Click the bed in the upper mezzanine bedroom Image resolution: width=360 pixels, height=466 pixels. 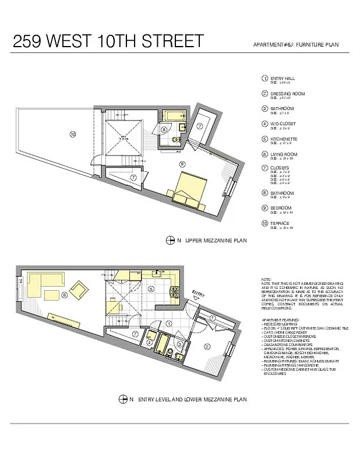point(190,188)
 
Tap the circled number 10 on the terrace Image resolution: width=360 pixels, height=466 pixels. point(72,133)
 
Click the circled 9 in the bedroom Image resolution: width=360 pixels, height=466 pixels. point(182,164)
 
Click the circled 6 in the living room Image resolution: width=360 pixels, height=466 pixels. point(64,295)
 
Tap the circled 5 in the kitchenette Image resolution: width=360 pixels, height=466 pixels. point(150,288)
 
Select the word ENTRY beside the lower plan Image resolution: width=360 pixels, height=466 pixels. point(198,294)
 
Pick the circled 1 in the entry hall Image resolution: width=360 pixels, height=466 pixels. point(169,323)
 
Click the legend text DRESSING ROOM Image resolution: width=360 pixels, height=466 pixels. point(283,93)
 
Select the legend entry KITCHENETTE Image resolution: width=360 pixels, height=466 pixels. point(284,139)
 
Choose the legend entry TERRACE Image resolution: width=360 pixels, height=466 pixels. point(280,223)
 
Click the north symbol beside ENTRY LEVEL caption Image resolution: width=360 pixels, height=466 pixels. point(123,399)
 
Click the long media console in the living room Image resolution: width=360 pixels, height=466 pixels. point(65,319)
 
